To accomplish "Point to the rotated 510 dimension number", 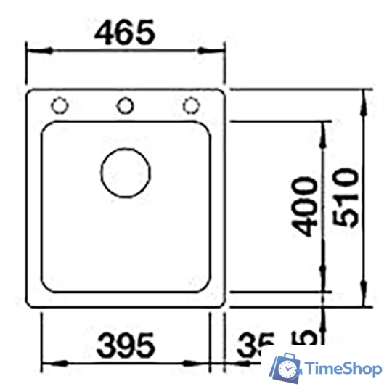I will (346, 197).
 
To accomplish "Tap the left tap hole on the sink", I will (60, 106).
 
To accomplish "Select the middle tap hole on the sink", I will (125, 106).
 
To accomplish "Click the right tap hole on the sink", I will (191, 106).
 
